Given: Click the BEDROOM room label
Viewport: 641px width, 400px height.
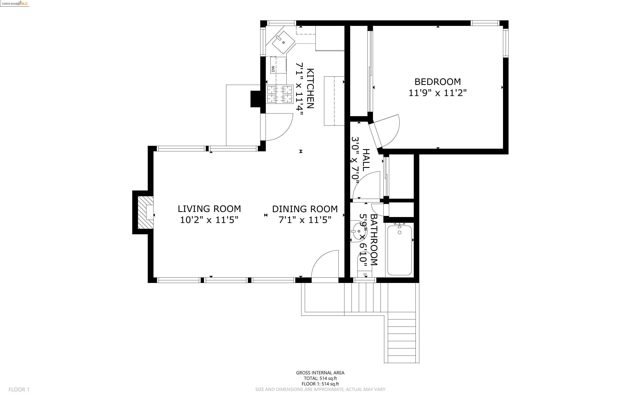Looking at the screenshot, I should [437, 82].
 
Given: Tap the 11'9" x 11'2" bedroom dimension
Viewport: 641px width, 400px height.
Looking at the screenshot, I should [437, 93].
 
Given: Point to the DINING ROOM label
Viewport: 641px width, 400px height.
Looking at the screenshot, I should [305, 209].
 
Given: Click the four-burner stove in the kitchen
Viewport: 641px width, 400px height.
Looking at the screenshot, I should [280, 94].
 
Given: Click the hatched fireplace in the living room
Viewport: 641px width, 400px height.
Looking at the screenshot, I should [145, 212].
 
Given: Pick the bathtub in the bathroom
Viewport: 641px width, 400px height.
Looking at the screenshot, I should [399, 250].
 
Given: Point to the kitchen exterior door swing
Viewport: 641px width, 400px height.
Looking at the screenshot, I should [278, 127].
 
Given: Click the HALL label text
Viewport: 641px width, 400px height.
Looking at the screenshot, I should [366, 160].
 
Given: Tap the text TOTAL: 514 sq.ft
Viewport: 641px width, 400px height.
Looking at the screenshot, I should [320, 378].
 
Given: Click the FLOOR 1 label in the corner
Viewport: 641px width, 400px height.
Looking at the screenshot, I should [19, 389].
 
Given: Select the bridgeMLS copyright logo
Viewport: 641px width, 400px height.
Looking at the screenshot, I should [15, 4].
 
